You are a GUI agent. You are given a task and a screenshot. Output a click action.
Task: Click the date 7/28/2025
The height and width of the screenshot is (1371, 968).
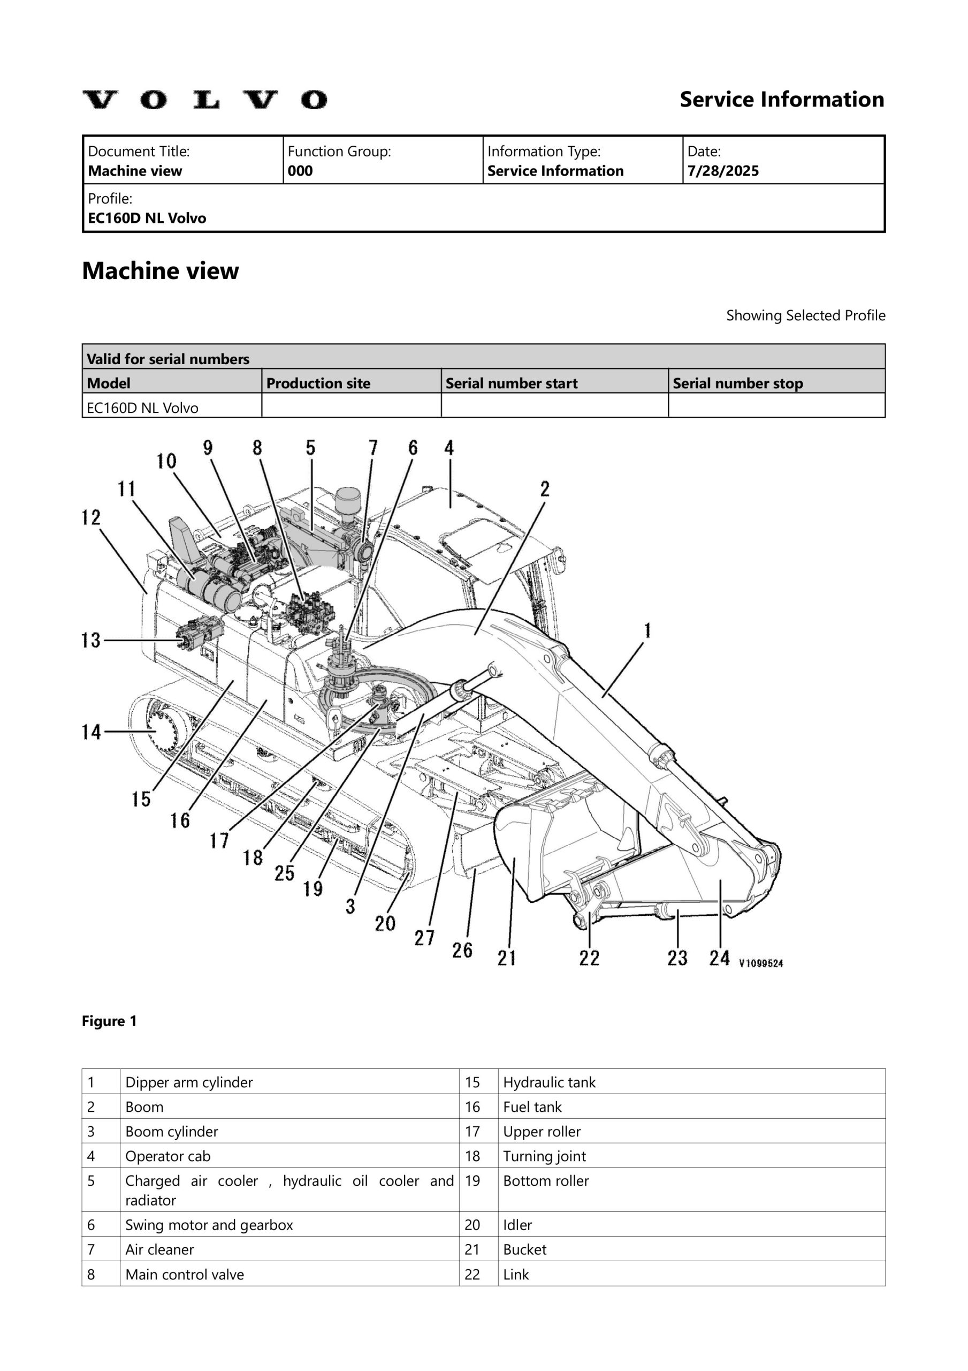coord(723,171)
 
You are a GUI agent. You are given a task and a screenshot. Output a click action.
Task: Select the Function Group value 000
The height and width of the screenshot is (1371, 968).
coord(300,171)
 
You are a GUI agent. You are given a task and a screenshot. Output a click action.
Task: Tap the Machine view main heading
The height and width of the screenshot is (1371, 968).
coord(160,271)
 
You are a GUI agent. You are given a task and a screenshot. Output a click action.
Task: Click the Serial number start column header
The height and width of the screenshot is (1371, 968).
coord(512,383)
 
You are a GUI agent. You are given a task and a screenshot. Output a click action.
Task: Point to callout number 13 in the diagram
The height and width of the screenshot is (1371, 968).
coord(91,641)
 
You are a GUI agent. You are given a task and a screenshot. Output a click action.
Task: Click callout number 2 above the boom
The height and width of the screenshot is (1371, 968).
coord(545,489)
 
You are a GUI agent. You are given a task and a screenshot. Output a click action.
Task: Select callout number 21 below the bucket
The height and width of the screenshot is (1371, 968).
coord(507,958)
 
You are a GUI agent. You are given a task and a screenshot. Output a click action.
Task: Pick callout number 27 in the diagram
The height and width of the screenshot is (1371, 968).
coord(424,938)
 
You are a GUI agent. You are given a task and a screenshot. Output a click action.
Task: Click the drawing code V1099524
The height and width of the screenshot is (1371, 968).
coord(761,962)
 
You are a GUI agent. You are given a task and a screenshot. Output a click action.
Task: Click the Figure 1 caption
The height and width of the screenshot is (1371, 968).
coord(109,1021)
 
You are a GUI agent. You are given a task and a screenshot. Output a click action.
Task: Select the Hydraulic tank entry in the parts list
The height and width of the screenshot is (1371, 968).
coord(549,1082)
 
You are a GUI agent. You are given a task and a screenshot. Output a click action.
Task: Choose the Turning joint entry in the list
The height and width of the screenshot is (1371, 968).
coord(544,1156)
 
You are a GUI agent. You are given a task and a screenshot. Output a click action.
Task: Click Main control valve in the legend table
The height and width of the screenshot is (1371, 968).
coord(185,1274)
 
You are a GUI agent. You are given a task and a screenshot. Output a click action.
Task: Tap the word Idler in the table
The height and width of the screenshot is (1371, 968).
coord(517,1225)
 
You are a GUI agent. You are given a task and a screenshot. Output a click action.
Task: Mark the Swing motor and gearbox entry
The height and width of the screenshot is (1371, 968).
coord(209,1225)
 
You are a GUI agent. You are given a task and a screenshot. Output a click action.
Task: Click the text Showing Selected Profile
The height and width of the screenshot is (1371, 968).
coord(805,315)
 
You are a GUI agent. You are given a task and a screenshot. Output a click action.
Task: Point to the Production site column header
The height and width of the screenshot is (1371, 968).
coord(318,383)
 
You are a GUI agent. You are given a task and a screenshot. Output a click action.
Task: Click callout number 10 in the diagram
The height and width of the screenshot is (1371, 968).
coord(166,461)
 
